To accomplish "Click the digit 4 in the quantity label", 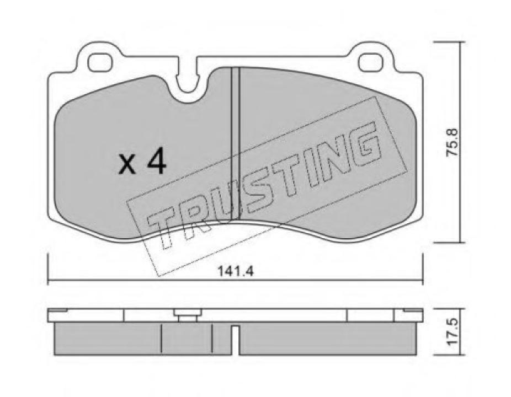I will [x=156, y=163].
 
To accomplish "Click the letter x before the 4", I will [x=129, y=164].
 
